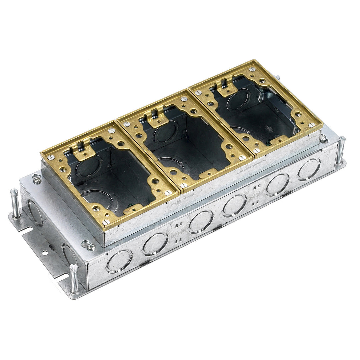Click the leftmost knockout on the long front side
[x=119, y=261]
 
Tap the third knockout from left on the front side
[x=201, y=221]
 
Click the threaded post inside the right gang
[x=260, y=97]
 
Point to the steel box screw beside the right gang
[x=323, y=137]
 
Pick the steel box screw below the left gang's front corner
[x=88, y=245]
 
